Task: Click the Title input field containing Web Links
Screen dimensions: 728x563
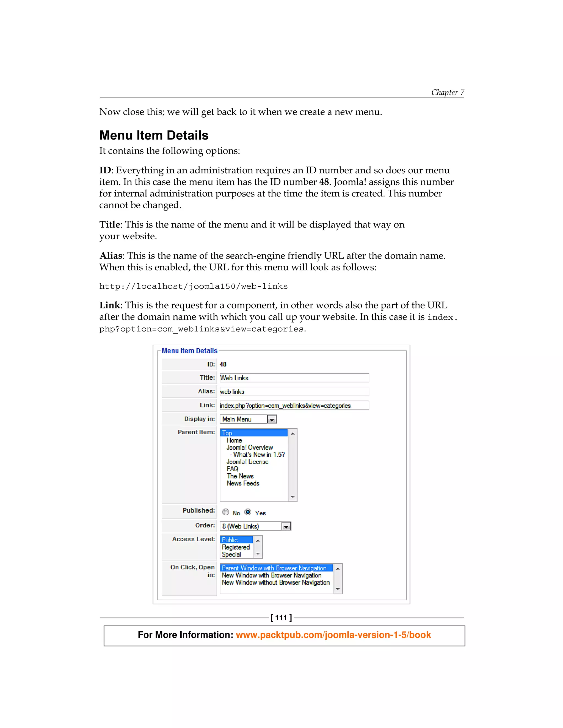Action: [x=294, y=378]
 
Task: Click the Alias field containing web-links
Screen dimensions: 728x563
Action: [x=294, y=391]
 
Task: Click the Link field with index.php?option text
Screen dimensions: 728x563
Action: [x=294, y=405]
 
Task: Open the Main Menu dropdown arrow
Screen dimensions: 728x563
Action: [x=272, y=419]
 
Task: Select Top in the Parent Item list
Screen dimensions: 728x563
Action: [x=253, y=433]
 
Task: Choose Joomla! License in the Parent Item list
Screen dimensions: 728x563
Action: [x=247, y=462]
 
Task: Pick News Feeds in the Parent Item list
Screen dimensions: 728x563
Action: [x=243, y=483]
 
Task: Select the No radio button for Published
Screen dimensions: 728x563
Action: [x=226, y=512]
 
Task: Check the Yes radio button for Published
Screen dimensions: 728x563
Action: [x=248, y=512]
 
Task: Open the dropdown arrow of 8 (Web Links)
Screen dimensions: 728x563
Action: [x=286, y=526]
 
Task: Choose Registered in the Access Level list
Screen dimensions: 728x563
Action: [x=236, y=547]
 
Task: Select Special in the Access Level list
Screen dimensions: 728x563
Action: [x=231, y=554]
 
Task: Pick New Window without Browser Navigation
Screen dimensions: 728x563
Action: [x=275, y=582]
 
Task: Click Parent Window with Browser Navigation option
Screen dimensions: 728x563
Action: [x=274, y=568]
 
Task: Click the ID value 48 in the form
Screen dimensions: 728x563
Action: [x=223, y=364]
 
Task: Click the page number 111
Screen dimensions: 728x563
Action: [x=281, y=618]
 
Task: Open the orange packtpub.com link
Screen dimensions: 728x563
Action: [x=333, y=635]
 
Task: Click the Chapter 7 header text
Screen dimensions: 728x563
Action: [x=447, y=92]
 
